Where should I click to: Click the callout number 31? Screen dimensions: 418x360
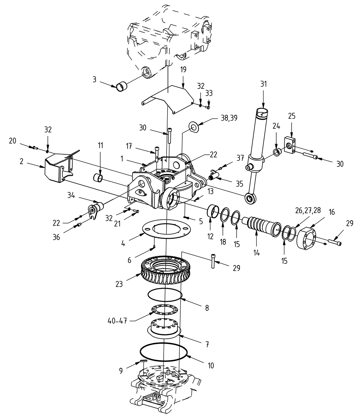(x=264, y=84)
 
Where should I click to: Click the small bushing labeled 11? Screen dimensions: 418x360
(x=99, y=178)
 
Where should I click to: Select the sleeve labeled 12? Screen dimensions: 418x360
(x=213, y=211)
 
